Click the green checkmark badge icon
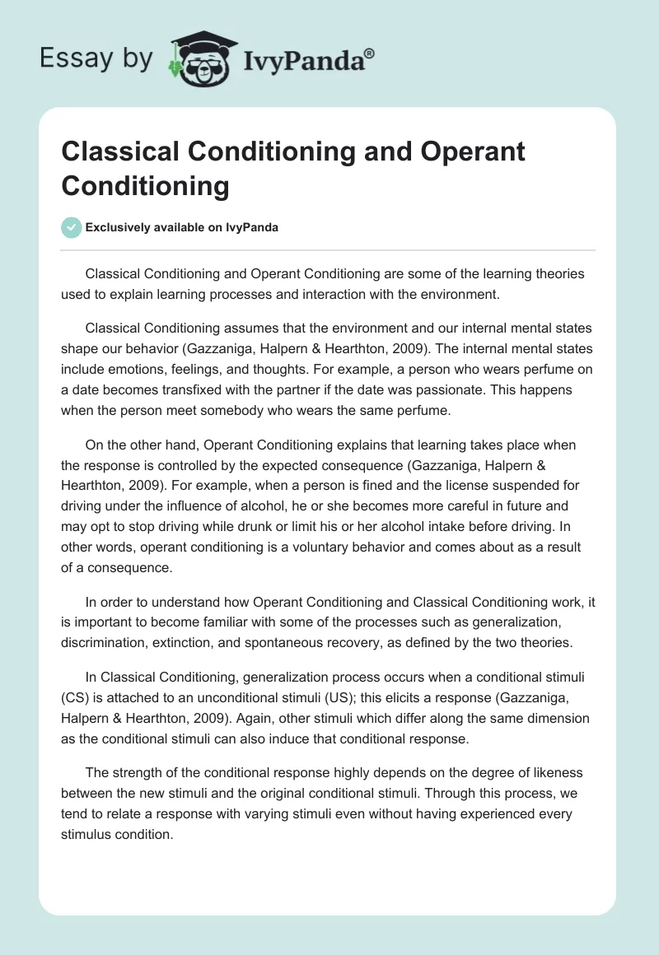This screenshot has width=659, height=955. coord(72,227)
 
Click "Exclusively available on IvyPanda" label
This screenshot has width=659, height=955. coord(182,228)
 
